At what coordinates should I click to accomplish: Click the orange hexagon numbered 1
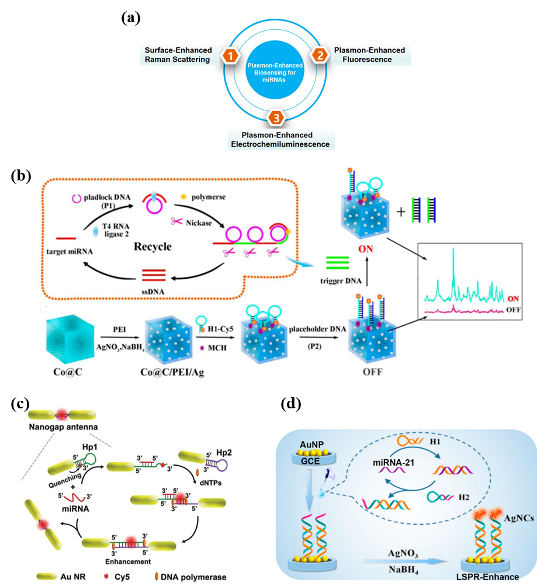click(x=231, y=56)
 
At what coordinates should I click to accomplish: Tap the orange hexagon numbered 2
click(x=320, y=56)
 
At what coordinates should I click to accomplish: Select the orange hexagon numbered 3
click(x=276, y=119)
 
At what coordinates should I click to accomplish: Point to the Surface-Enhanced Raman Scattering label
click(x=178, y=55)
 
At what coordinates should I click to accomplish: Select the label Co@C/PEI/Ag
click(x=157, y=372)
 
